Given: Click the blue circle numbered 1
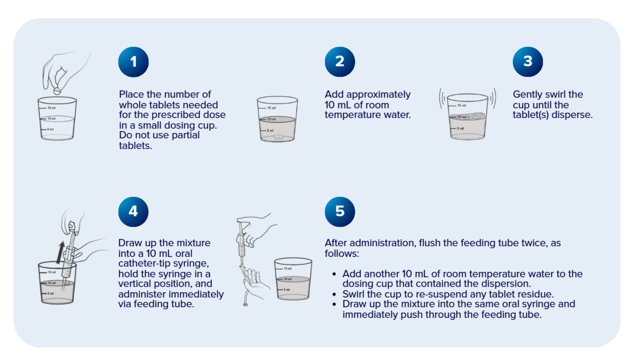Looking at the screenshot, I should pos(133,62).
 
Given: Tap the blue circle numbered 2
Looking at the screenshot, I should pos(340,62).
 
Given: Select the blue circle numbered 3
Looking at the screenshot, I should pos(528,62).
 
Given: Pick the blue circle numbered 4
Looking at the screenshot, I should pos(133,212).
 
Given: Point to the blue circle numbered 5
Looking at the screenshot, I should pos(340,212).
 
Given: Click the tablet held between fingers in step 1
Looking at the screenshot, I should pos(57,91).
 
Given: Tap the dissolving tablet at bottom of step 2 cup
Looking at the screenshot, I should pos(278,136).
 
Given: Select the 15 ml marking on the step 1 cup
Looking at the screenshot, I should pos(51,108).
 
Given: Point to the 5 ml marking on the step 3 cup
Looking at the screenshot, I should pos(460,129).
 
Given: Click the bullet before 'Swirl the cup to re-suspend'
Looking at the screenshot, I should pos(334,295).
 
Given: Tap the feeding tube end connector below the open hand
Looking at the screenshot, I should pos(245,304).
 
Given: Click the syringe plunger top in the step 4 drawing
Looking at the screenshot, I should pos(72,225).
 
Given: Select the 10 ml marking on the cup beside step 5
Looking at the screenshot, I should pos(287,279).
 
